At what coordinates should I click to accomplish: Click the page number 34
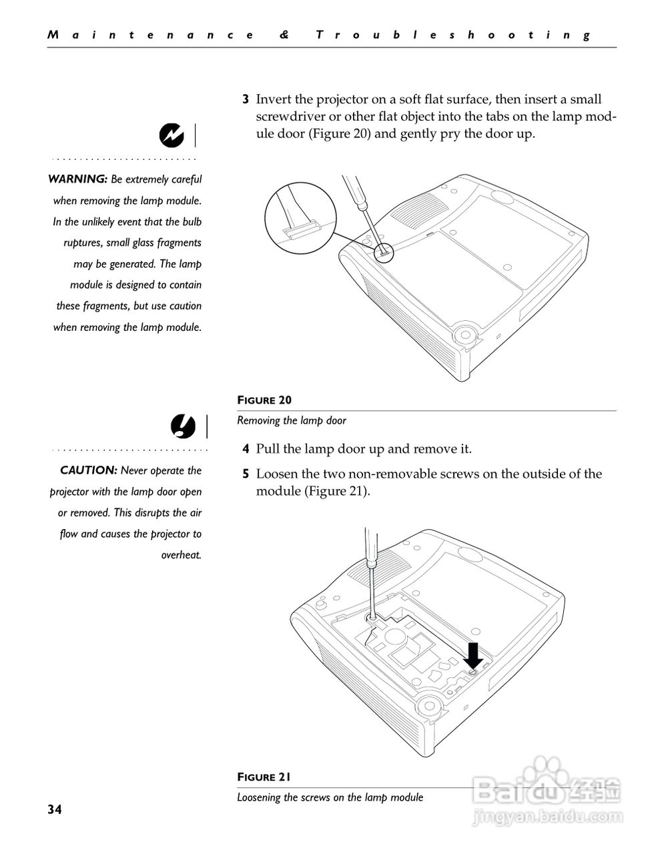(54, 809)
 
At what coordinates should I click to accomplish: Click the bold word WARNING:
(77, 179)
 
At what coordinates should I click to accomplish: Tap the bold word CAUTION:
(89, 470)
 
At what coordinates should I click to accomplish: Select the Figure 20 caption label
(264, 400)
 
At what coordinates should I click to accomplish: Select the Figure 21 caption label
(264, 777)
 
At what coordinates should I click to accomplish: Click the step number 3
(246, 100)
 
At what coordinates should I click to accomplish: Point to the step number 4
(246, 449)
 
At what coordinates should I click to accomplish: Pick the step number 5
(246, 474)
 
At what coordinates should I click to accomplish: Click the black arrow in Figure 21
(474, 655)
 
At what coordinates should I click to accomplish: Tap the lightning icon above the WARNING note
(172, 135)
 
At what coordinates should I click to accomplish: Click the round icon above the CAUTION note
(182, 426)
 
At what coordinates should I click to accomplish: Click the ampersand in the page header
(285, 35)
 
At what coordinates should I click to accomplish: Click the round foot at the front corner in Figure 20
(464, 334)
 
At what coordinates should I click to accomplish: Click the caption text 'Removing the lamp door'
(292, 420)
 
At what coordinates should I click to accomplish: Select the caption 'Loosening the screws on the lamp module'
(330, 797)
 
